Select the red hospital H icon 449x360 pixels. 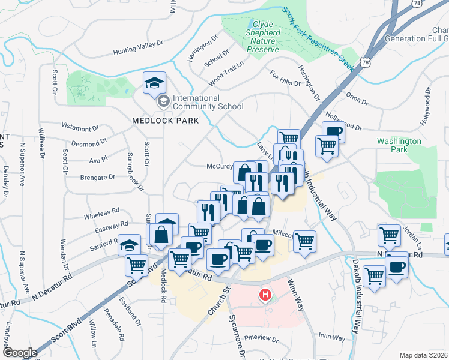(x=264, y=295)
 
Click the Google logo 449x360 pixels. (x=20, y=353)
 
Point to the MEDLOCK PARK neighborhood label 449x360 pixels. (x=160, y=120)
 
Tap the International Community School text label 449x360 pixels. (x=208, y=103)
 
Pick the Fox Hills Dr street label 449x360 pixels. (x=285, y=78)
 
